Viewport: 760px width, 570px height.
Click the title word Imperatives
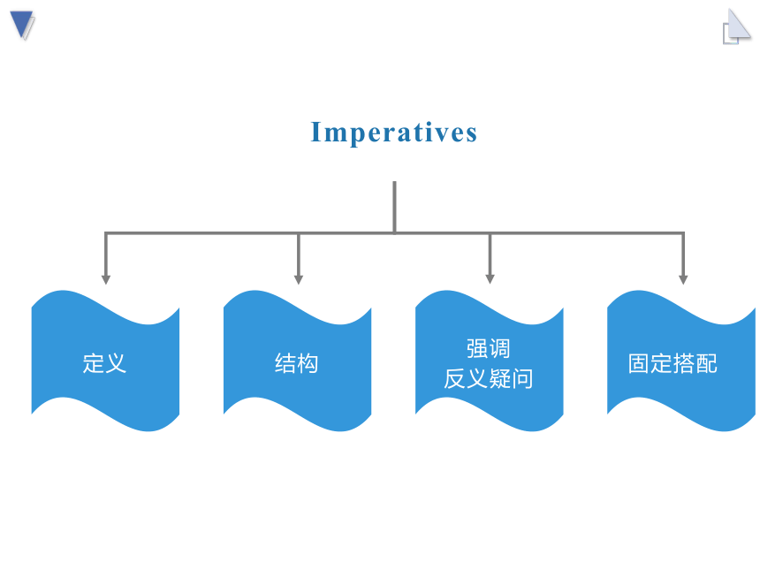(393, 133)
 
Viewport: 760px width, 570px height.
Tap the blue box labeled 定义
(105, 361)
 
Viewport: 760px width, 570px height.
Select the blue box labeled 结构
(297, 361)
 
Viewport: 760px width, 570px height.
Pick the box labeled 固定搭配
(681, 361)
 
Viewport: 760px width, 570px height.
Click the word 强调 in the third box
(489, 348)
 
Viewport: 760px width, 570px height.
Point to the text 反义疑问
(489, 378)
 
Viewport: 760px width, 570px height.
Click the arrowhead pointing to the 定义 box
(106, 279)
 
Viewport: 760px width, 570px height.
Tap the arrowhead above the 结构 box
(299, 279)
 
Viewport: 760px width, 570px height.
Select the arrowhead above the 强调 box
(490, 279)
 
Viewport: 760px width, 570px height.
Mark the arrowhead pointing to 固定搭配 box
(683, 279)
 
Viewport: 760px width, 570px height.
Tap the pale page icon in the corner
(737, 27)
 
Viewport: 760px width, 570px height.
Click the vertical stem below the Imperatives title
(394, 207)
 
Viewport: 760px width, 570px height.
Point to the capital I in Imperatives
(316, 132)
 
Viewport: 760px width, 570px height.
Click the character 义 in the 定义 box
(116, 363)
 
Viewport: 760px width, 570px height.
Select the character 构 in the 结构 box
(308, 363)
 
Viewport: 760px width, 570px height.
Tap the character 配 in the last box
(707, 363)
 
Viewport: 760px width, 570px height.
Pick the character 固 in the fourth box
(639, 363)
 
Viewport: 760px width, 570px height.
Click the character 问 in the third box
(522, 378)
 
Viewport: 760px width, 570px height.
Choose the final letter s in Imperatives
(472, 134)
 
